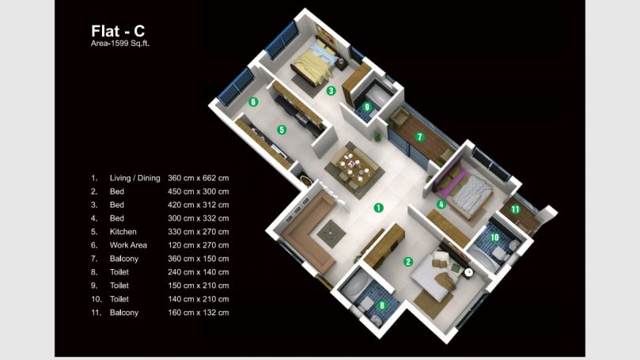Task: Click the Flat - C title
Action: [118, 31]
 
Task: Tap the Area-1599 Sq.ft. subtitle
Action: [120, 44]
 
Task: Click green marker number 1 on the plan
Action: [379, 208]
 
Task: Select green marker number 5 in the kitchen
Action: [282, 130]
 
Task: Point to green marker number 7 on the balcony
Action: [420, 137]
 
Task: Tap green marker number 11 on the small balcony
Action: [515, 210]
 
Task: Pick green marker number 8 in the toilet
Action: [382, 305]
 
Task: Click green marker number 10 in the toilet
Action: [494, 237]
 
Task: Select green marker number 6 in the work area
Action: [253, 101]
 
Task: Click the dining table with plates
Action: [354, 166]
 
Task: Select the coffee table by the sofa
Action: [331, 233]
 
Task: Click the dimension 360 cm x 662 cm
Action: [199, 178]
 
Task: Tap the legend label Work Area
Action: [128, 245]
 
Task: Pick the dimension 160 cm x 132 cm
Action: [199, 313]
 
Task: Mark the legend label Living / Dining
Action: [134, 178]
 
